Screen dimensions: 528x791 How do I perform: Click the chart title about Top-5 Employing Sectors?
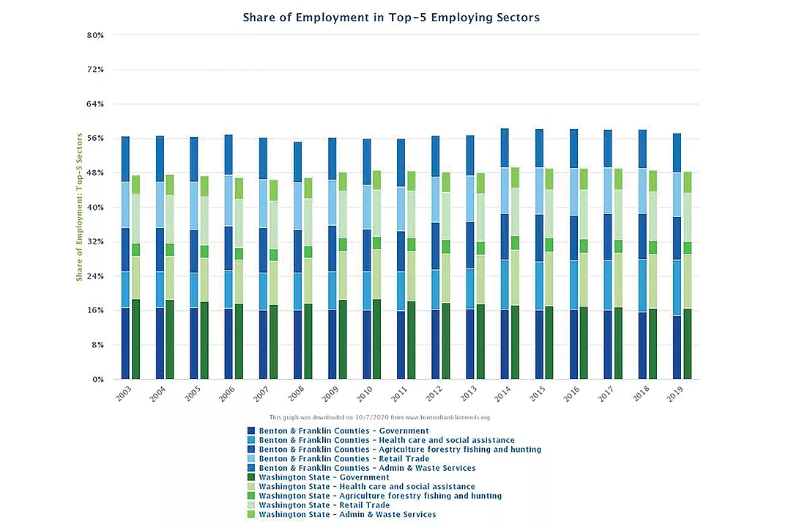tap(391, 18)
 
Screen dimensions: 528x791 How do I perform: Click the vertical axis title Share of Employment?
tap(80, 207)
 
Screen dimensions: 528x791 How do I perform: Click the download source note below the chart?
tap(379, 417)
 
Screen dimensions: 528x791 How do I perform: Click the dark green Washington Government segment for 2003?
tap(135, 339)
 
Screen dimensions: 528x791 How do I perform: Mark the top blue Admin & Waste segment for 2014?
tap(505, 148)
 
